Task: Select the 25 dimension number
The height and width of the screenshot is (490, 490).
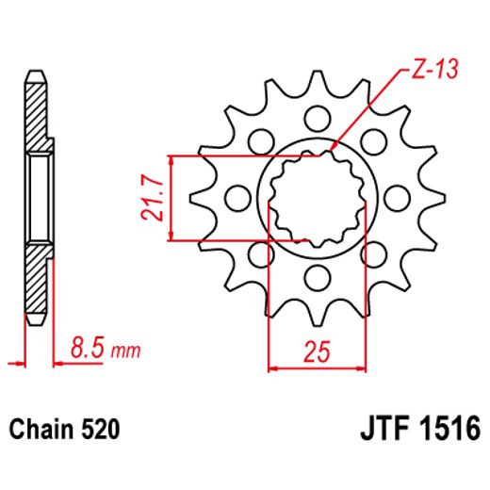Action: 317,351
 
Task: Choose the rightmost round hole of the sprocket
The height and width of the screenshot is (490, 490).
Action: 397,198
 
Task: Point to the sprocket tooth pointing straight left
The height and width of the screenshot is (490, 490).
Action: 200,198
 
